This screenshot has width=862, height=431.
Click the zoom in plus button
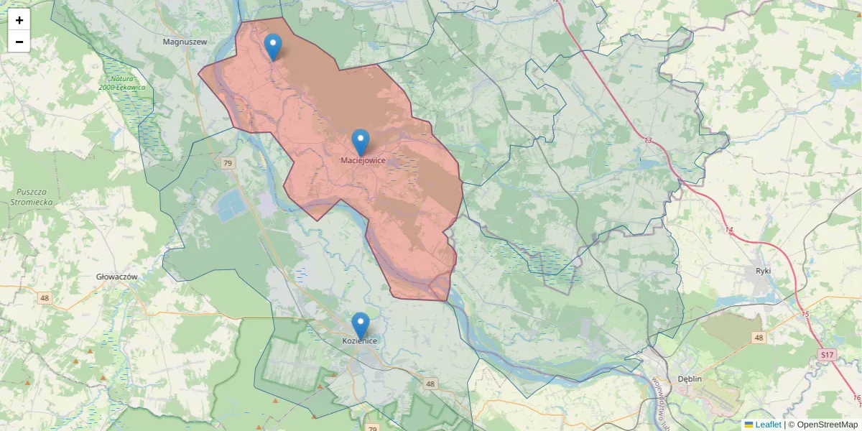(19, 20)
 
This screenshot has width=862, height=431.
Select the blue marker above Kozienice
(361, 325)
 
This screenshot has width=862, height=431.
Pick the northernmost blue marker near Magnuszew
(273, 47)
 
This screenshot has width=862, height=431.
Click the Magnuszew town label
(185, 42)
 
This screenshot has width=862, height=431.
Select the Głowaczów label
(116, 276)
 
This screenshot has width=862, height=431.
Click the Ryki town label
(763, 271)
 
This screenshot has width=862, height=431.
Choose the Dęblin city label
(689, 379)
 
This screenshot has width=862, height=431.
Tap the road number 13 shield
(648, 140)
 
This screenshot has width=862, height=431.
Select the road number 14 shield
(729, 230)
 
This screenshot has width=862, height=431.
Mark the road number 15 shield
(805, 315)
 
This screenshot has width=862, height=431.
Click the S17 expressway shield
(828, 355)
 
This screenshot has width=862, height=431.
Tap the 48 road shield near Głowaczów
(45, 298)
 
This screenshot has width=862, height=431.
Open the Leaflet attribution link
(768, 425)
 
